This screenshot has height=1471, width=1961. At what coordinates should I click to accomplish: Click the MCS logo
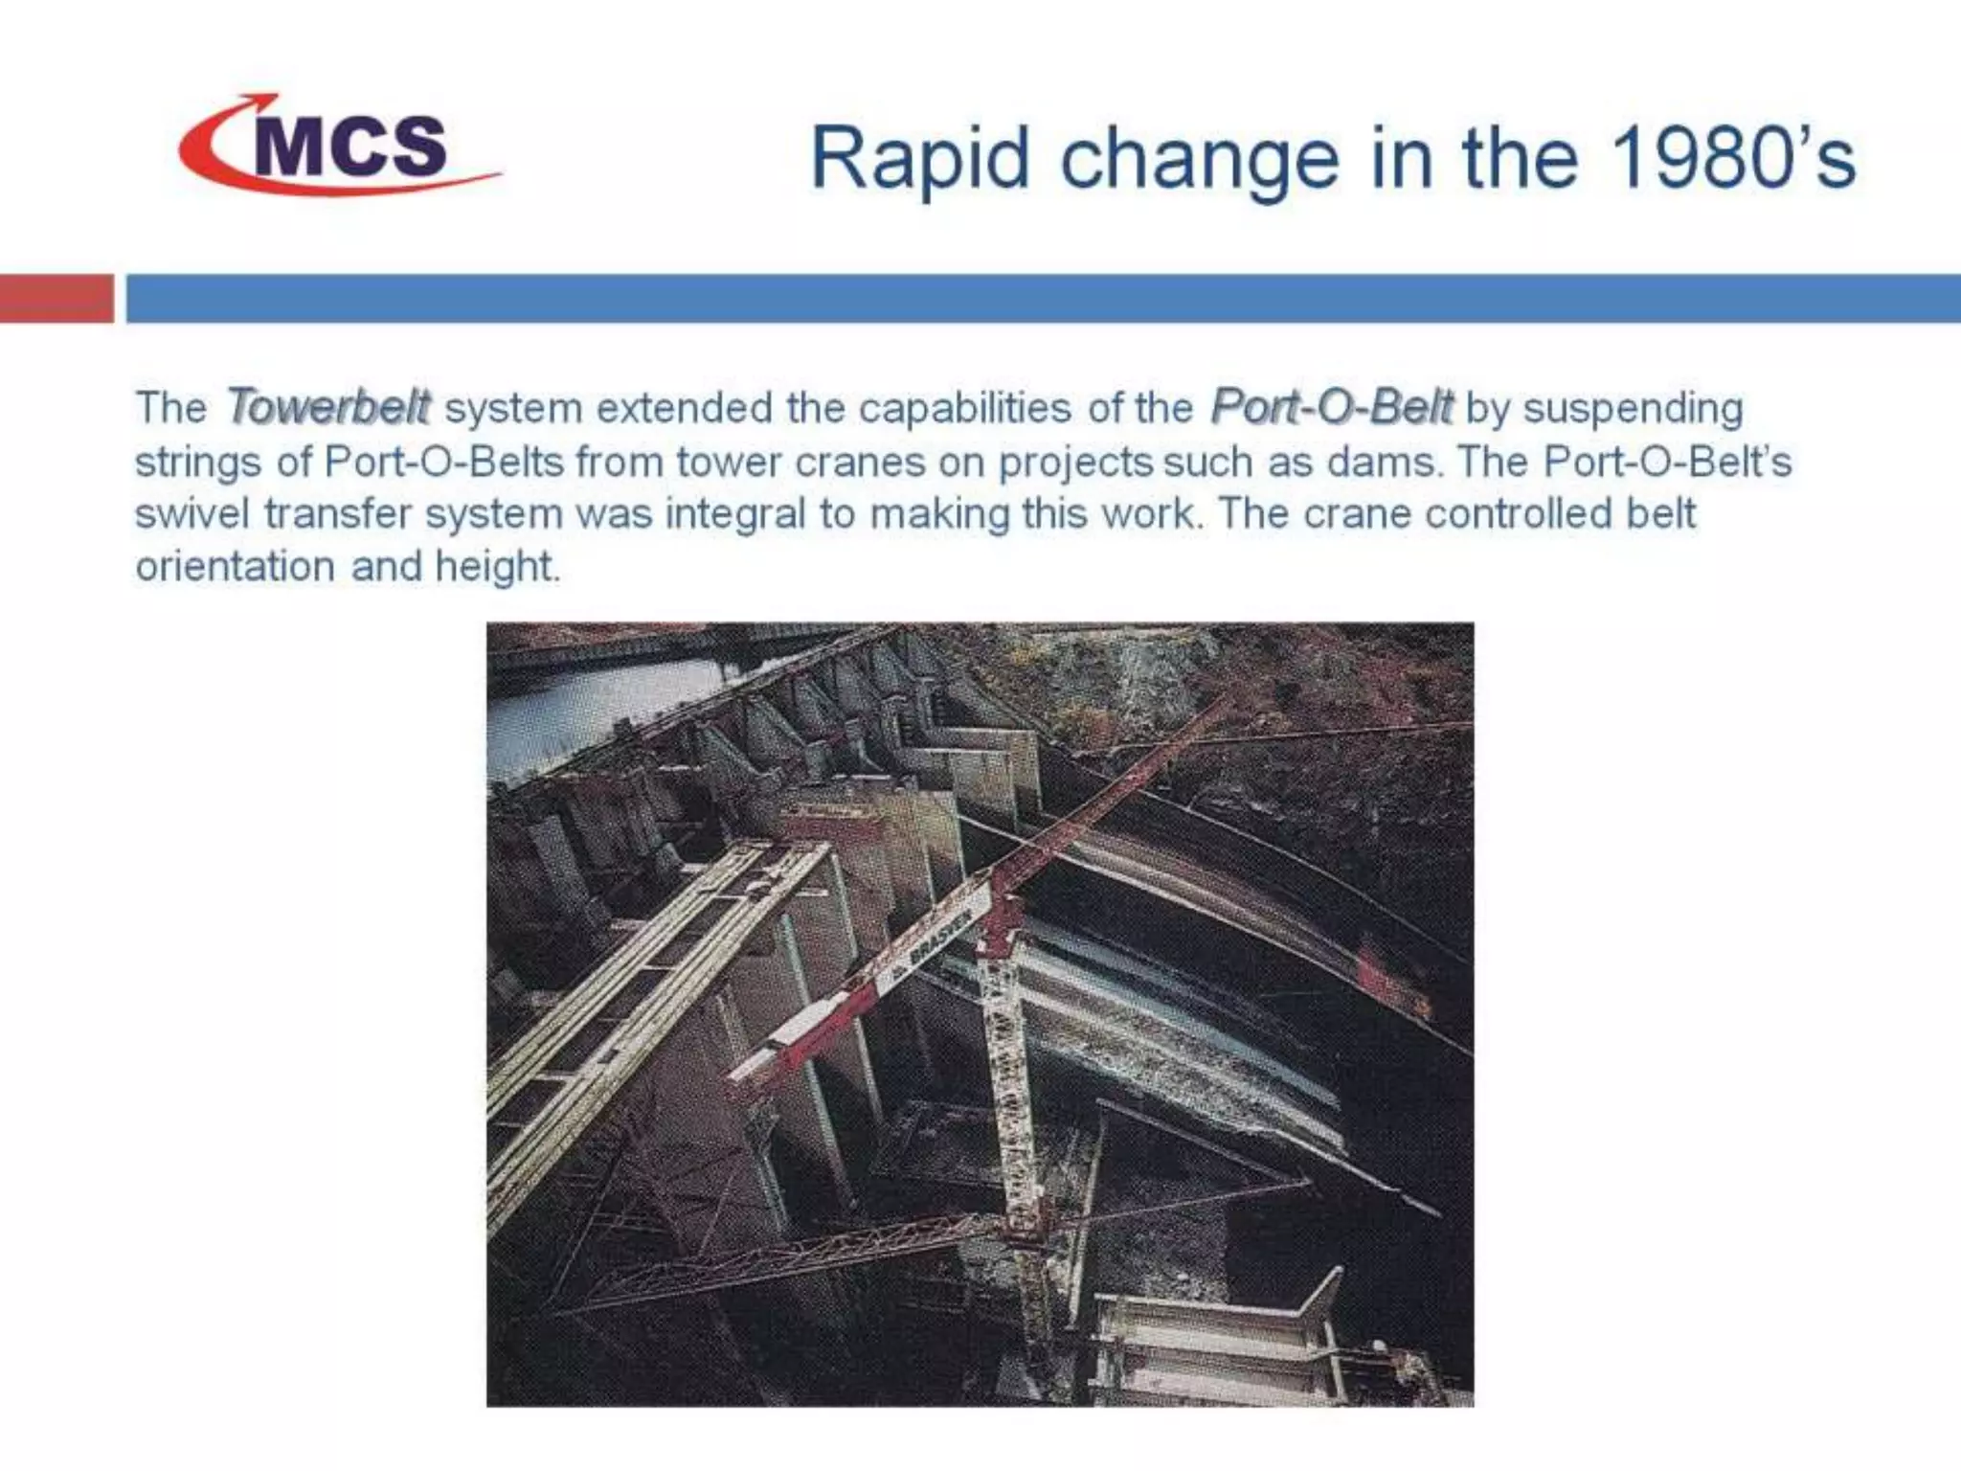pos(340,146)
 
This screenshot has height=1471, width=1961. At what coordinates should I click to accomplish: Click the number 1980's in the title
pos(1733,158)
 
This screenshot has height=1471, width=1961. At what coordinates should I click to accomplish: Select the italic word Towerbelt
pos(327,407)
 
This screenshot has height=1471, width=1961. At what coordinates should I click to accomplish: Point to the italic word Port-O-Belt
pos(1331,407)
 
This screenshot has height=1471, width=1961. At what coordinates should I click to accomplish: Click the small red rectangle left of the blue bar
pos(56,298)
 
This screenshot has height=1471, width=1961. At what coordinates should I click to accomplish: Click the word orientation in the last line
pos(235,567)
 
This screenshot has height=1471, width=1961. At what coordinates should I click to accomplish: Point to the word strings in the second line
pos(197,462)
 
